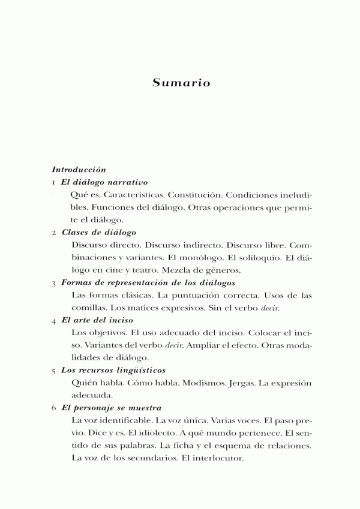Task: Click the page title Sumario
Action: click(x=181, y=83)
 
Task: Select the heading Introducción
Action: click(x=79, y=170)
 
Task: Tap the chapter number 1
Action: click(x=54, y=182)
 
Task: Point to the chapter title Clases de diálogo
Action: click(x=98, y=232)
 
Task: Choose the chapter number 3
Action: click(x=54, y=283)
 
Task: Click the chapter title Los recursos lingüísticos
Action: click(x=113, y=371)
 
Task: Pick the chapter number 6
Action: click(x=54, y=409)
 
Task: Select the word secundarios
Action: click(x=149, y=459)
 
